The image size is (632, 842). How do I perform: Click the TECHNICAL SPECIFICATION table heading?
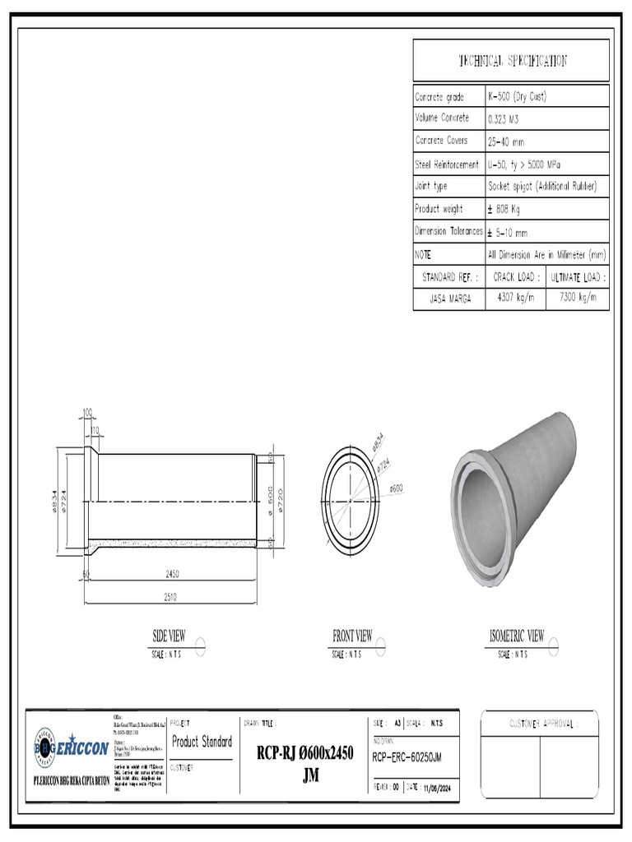click(x=511, y=60)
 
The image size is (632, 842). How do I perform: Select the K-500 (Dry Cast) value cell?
click(x=517, y=96)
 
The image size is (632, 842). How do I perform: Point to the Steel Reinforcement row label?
click(x=447, y=164)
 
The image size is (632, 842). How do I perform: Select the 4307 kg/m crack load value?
click(x=515, y=297)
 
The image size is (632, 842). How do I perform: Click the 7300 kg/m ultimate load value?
click(x=578, y=297)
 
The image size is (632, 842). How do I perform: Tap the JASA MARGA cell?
click(x=450, y=298)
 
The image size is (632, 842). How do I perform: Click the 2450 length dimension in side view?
click(x=172, y=573)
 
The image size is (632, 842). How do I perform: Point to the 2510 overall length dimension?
click(x=172, y=596)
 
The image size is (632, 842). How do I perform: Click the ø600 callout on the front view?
click(x=396, y=488)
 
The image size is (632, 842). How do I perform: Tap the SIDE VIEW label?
click(x=169, y=636)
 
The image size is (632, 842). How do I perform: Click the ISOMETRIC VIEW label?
click(x=516, y=636)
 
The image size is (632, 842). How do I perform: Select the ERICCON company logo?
click(x=71, y=748)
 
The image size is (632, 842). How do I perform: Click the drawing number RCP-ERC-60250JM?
click(x=407, y=756)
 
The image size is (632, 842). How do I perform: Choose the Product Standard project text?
click(x=202, y=742)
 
